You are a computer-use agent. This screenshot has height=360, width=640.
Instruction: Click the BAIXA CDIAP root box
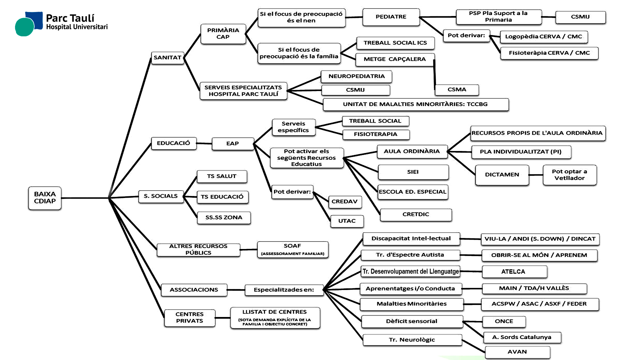point(45,198)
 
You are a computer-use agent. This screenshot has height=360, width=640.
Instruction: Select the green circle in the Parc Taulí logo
point(24,27)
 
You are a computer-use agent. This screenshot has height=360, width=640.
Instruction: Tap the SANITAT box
point(167,58)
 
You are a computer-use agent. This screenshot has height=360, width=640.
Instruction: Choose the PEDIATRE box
point(391,17)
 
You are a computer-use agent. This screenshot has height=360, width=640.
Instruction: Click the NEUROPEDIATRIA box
point(356,76)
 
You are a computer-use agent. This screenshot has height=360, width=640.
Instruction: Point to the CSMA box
point(457,90)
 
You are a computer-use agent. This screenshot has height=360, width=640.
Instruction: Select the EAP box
point(232,144)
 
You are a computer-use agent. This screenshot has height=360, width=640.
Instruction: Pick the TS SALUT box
point(222,176)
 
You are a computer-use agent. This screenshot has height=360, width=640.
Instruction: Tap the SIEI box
point(413,172)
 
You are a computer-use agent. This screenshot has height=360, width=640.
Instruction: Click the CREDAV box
point(344,202)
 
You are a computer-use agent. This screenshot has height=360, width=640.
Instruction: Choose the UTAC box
point(347,221)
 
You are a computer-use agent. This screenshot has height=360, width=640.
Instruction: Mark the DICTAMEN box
point(502,175)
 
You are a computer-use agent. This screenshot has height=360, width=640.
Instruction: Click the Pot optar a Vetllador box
point(569,175)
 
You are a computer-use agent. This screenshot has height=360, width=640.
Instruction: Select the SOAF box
point(292,250)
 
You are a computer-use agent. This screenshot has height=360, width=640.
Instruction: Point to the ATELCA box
point(513,272)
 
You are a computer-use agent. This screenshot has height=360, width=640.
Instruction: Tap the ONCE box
point(504,321)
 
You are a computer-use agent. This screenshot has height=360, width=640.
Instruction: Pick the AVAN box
point(517,352)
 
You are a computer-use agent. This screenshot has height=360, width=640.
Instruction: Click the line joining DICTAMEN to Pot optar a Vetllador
point(536,175)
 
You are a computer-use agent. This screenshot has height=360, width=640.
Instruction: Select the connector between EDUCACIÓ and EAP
point(204,143)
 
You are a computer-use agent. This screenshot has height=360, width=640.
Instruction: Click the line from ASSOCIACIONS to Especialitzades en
point(236,290)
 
